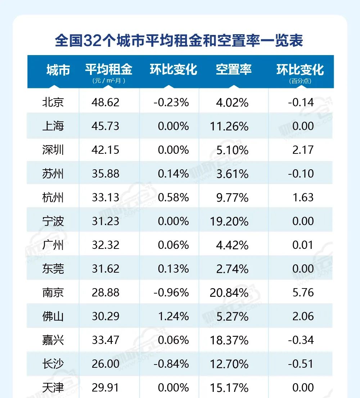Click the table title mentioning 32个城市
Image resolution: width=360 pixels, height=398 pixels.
[x=179, y=41]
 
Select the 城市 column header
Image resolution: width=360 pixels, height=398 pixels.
[x=58, y=70]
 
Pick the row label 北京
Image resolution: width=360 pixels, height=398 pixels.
[x=53, y=102]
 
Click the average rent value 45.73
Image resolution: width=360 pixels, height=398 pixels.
[x=105, y=126]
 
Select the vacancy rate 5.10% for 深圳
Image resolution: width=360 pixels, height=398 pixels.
[x=232, y=150]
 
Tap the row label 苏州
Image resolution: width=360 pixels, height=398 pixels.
[x=53, y=174]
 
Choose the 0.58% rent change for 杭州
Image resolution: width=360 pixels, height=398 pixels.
[x=173, y=197]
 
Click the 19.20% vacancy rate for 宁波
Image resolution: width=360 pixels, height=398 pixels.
[x=229, y=221]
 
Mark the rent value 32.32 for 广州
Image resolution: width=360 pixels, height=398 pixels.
[x=105, y=245]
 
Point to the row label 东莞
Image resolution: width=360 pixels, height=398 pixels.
[x=53, y=269]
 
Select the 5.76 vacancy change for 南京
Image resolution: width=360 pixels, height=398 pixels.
[x=303, y=292]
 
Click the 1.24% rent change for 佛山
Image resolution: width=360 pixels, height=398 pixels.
[x=173, y=316]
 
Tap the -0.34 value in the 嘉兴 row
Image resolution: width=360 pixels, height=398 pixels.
[x=301, y=340]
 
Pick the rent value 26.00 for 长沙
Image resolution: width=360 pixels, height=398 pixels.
[x=105, y=364]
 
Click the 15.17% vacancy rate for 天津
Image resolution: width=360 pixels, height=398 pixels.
[x=229, y=388]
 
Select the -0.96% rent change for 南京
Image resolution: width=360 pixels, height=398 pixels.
[x=171, y=292]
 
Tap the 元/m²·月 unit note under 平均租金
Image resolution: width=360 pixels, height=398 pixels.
[x=109, y=81]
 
